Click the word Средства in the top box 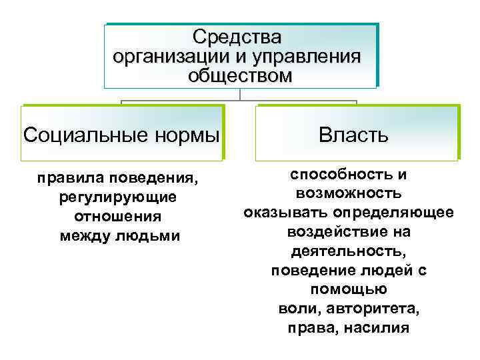[237, 36]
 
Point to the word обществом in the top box [240, 75]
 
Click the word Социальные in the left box [88, 135]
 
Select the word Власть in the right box [353, 135]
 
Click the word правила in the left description [71, 179]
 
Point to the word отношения [118, 217]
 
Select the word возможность [348, 193]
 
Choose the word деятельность [349, 251]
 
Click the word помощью [349, 290]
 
